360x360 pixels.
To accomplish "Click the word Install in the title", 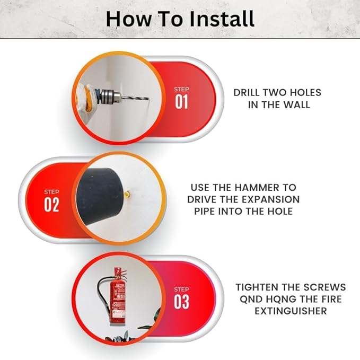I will tap(217, 19).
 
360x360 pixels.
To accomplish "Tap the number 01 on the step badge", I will tap(181, 102).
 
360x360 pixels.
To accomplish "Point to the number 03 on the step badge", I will tap(181, 302).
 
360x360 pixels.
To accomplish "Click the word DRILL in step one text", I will tap(248, 92).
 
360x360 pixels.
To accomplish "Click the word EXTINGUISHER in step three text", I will tap(291, 311).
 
